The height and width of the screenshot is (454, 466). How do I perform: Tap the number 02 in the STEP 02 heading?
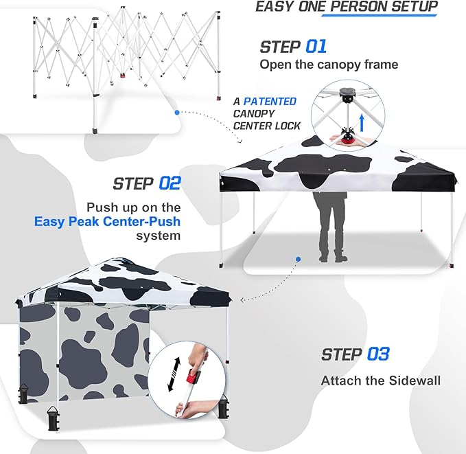tap(169, 183)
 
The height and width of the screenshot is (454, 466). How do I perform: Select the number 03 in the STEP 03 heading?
tap(377, 354)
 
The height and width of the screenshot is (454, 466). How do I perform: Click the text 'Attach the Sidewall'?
tap(381, 381)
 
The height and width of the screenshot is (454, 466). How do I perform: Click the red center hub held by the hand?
tap(350, 139)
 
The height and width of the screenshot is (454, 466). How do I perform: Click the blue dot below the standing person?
tap(299, 260)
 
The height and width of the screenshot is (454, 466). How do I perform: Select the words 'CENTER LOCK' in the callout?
tap(267, 126)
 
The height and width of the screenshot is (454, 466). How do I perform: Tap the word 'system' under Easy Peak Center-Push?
tap(159, 236)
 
